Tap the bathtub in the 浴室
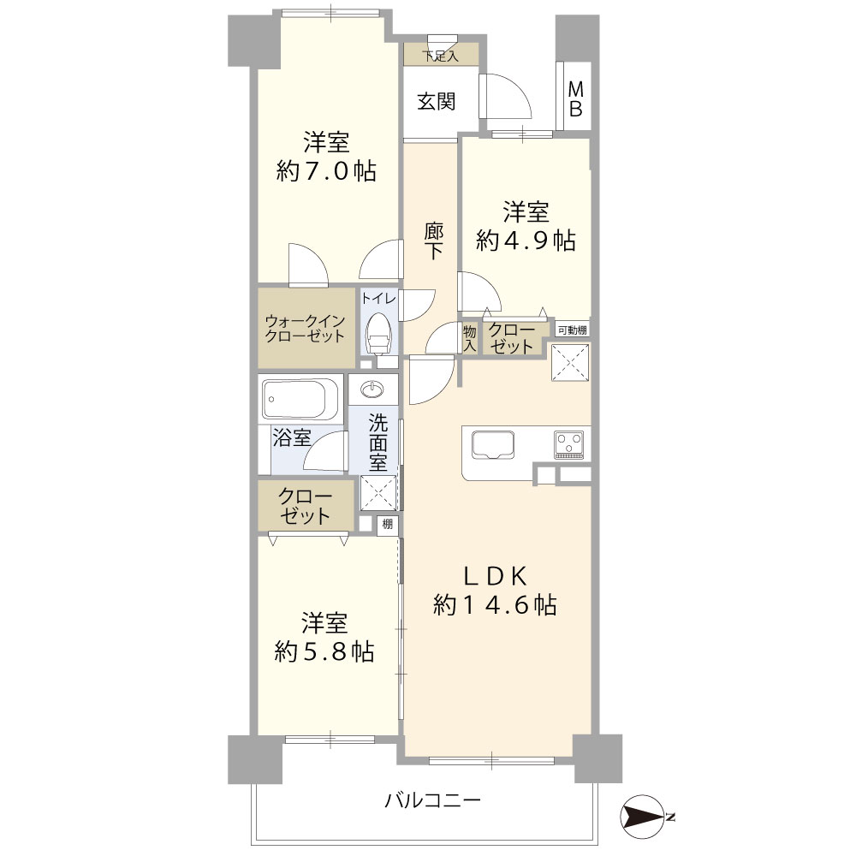301,400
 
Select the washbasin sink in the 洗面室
373,389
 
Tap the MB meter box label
575,99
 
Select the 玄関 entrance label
437,102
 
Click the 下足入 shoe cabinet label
441,56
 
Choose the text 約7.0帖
326,171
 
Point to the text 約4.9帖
526,241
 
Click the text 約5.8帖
324,651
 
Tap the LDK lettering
495,576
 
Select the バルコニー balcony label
433,801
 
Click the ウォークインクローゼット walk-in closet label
305,329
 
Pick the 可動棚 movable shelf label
573,330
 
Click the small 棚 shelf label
388,525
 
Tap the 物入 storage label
469,338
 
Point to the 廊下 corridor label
433,241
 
